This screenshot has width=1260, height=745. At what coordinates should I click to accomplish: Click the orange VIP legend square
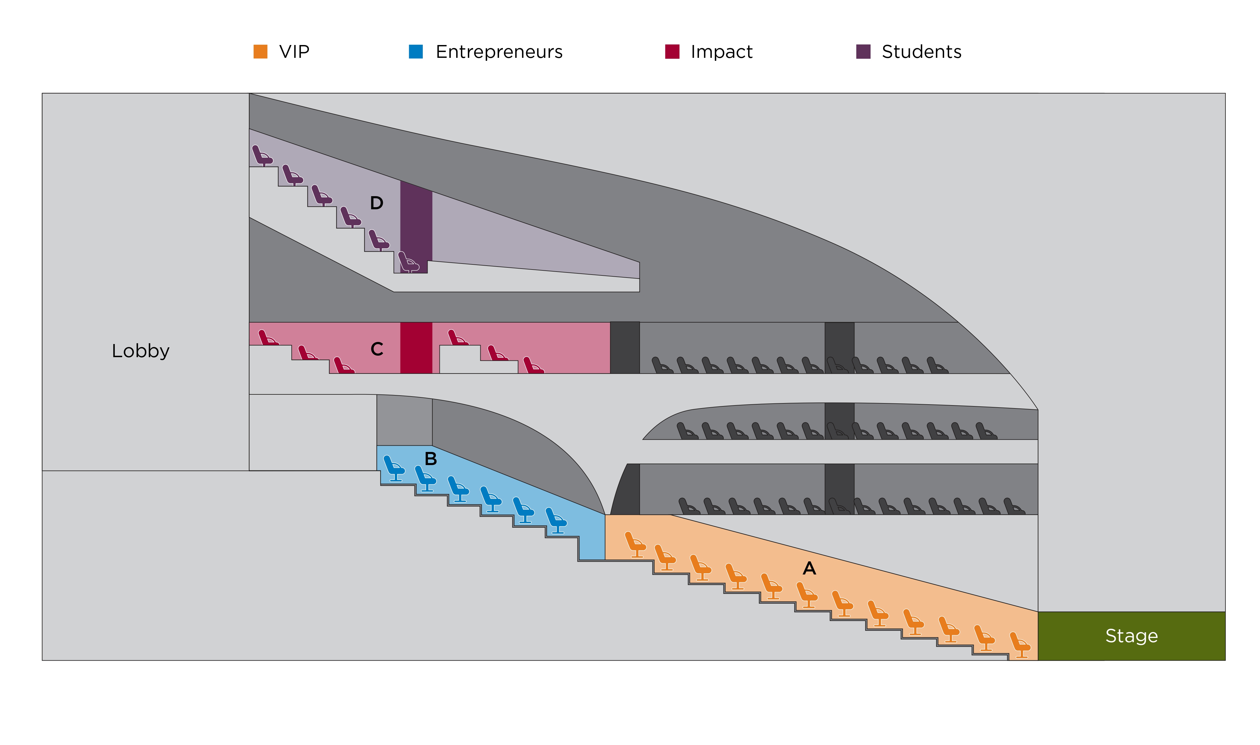pos(260,52)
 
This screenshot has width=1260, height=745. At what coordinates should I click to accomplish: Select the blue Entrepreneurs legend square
pos(416,52)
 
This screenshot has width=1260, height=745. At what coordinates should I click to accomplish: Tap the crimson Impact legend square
pos(672,52)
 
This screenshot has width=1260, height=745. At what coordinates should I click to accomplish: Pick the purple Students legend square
pos(863,52)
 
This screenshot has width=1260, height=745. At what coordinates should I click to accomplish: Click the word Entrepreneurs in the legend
pos(499,52)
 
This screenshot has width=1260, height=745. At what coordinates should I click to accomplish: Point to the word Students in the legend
pos(922,52)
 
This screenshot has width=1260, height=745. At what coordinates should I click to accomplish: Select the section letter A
pos(809,568)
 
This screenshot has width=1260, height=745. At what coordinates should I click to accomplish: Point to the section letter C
pos(377,349)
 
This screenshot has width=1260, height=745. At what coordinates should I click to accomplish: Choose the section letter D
pos(376,203)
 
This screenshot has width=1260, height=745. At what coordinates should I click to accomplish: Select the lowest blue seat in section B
pos(556,520)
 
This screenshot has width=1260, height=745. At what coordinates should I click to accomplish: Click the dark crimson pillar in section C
pos(416,348)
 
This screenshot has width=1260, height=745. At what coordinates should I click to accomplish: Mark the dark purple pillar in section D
pos(416,221)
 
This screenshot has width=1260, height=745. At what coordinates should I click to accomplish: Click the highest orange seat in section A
pos(635,544)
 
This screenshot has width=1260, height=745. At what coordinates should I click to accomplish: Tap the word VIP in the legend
pos(294,52)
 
